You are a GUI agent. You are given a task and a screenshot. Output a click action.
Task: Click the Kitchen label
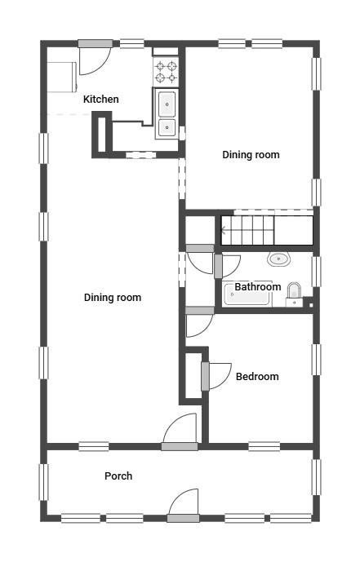pyautogui.click(x=100, y=99)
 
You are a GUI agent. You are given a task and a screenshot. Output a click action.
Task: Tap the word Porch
pyautogui.click(x=118, y=476)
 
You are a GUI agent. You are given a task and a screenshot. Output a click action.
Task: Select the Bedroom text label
pyautogui.click(x=257, y=376)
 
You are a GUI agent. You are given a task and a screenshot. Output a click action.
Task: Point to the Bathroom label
pyautogui.click(x=258, y=287)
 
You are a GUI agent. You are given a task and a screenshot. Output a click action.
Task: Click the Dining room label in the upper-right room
pyautogui.click(x=251, y=155)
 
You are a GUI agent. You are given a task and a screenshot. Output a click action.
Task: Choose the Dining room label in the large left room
pyautogui.click(x=112, y=298)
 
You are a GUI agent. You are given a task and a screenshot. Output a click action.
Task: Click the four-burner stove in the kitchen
pyautogui.click(x=166, y=72)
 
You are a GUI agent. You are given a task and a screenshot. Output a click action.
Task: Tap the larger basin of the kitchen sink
pyautogui.click(x=167, y=104)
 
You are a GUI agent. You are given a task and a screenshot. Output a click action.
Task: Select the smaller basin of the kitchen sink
pyautogui.click(x=167, y=127)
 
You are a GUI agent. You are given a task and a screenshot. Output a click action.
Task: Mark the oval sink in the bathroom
pyautogui.click(x=278, y=259)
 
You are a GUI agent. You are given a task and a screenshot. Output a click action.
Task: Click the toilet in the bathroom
pyautogui.click(x=294, y=294)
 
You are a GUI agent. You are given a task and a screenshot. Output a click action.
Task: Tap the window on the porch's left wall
pyautogui.click(x=43, y=482)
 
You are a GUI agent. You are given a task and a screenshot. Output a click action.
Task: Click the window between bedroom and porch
pyautogui.click(x=264, y=446)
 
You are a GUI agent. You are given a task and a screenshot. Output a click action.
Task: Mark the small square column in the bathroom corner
pyautogui.click(x=311, y=305)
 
